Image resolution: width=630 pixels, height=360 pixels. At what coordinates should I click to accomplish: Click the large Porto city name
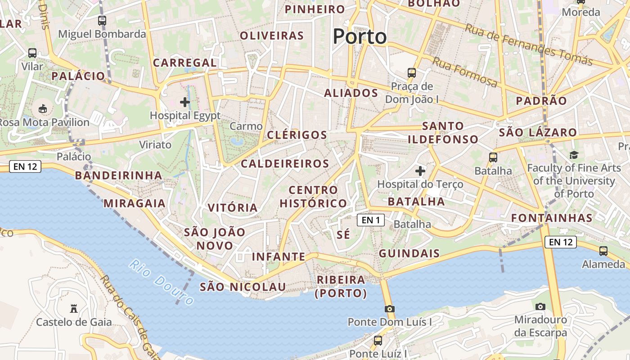(360, 36)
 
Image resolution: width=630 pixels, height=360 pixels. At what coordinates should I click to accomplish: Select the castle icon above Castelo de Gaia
(74, 309)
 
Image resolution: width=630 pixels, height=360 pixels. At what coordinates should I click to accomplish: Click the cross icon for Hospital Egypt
(185, 102)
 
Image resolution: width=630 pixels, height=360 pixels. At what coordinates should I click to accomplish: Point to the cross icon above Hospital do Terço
(420, 171)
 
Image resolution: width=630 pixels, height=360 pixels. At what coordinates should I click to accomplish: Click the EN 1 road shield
(371, 220)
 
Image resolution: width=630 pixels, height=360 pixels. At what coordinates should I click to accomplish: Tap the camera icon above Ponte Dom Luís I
(390, 309)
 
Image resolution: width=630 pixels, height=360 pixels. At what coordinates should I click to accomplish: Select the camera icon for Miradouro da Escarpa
(540, 306)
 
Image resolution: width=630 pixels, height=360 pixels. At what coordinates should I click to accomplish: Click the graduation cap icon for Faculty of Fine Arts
(574, 155)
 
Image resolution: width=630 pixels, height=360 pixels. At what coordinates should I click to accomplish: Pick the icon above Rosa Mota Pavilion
(43, 108)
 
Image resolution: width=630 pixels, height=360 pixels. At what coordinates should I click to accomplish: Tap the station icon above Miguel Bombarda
(102, 20)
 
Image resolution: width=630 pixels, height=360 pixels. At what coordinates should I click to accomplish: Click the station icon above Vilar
(32, 53)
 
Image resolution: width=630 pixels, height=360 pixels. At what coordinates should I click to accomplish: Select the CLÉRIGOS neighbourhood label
(297, 135)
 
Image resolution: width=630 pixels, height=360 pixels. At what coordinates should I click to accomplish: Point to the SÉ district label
(343, 234)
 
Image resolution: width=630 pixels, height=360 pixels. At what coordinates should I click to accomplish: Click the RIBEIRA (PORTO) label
(341, 287)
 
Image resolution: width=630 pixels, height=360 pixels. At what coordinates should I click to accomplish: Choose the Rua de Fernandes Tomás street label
(529, 44)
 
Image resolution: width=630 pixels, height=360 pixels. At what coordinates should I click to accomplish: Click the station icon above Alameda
(603, 251)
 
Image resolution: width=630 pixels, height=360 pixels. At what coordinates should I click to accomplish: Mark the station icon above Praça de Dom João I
(411, 72)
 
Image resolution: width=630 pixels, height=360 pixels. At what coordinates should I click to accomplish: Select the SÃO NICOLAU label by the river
(243, 287)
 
